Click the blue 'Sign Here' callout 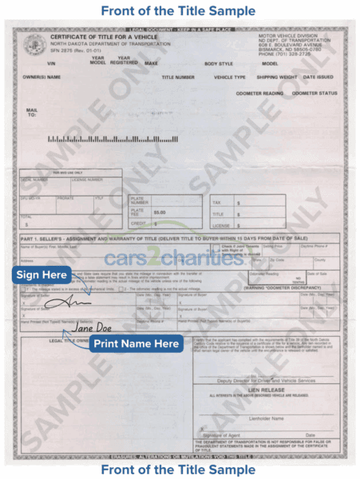pyautogui.click(x=41, y=275)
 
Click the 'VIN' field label pyautogui.click(x=53, y=63)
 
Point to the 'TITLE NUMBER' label pyautogui.click(x=178, y=77)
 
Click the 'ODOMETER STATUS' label pyautogui.click(x=314, y=93)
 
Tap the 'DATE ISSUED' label pyautogui.click(x=318, y=77)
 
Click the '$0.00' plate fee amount pyautogui.click(x=160, y=212)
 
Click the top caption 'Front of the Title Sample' pyautogui.click(x=179, y=11)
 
